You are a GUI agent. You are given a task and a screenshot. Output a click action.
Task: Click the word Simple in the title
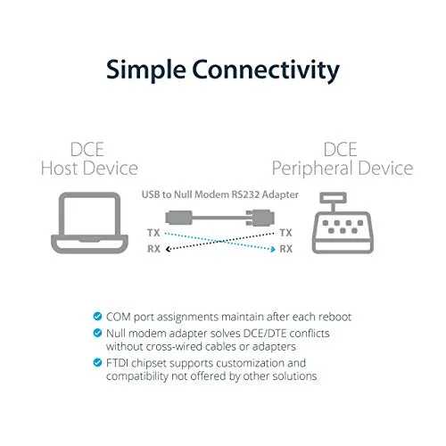(146, 70)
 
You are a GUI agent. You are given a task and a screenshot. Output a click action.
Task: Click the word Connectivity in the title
(266, 70)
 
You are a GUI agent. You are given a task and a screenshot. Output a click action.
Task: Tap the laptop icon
(90, 223)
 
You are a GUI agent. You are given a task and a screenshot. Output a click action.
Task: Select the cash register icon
(343, 223)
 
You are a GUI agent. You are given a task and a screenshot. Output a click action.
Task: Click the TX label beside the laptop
(153, 233)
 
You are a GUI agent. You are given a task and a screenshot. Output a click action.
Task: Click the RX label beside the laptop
(154, 249)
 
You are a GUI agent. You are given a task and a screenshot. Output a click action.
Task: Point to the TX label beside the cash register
(285, 233)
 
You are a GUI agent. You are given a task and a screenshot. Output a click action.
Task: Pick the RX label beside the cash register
(286, 249)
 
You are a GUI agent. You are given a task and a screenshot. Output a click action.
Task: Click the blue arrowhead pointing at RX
(273, 249)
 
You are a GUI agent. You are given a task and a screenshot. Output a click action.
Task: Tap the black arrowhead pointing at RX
(169, 249)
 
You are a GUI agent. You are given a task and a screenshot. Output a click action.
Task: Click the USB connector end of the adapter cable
(179, 218)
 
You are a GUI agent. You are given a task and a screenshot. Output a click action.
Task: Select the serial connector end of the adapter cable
(260, 218)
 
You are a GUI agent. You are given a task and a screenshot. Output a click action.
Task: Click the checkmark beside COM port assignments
(97, 316)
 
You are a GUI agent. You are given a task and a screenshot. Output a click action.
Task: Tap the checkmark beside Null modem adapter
(97, 333)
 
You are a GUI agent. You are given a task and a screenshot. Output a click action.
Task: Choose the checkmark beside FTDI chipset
(97, 362)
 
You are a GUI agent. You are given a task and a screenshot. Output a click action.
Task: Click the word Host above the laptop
(60, 169)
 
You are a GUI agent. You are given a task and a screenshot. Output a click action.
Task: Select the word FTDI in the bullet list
(117, 363)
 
